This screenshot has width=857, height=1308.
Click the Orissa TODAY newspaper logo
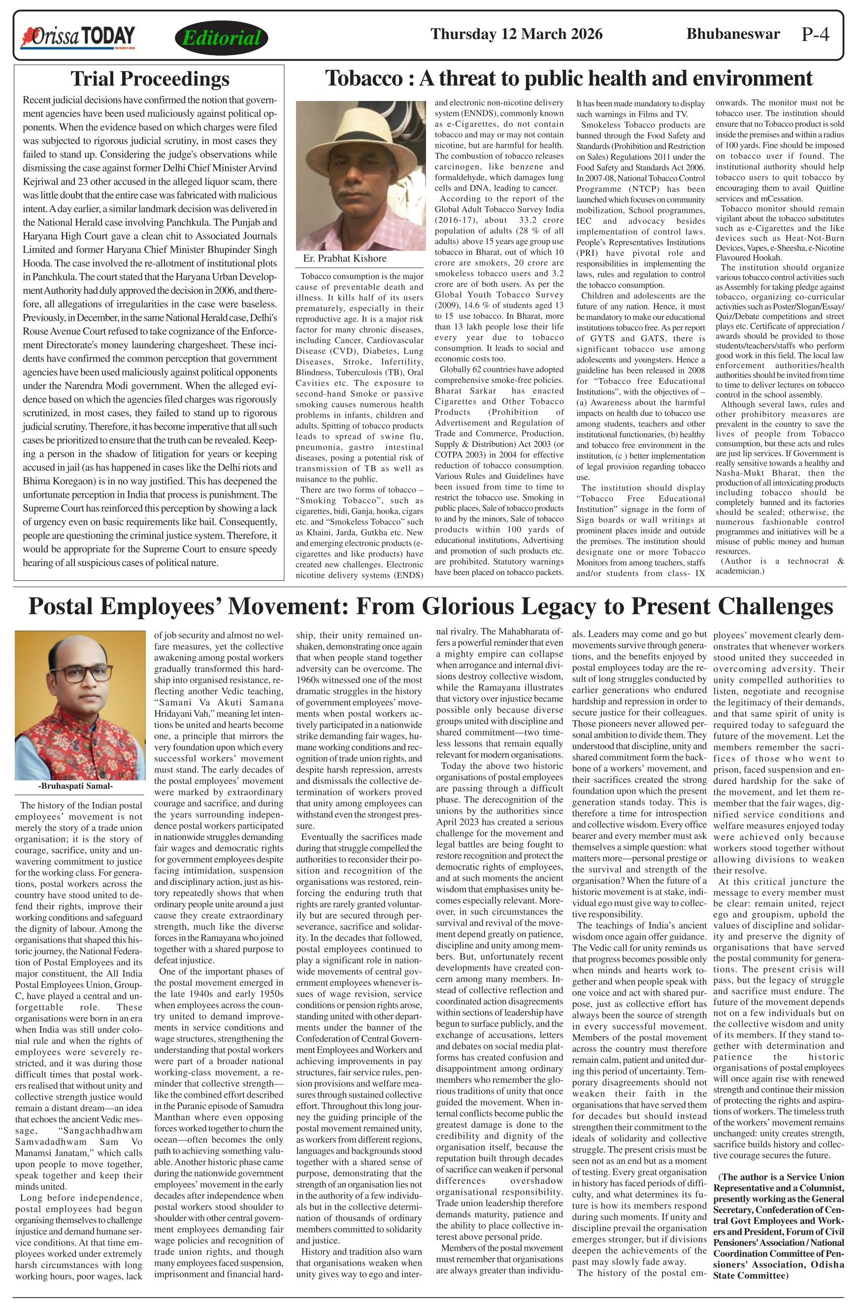(x=77, y=37)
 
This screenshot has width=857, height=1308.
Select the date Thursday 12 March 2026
(x=516, y=34)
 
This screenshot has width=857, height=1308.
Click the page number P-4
(x=815, y=34)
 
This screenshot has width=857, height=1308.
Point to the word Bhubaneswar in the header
(x=733, y=34)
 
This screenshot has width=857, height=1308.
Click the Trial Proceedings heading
(x=149, y=79)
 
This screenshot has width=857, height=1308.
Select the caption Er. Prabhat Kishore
(x=344, y=258)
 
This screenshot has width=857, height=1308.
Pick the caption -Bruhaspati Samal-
(x=76, y=786)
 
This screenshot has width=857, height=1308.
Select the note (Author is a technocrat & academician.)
(x=779, y=566)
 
